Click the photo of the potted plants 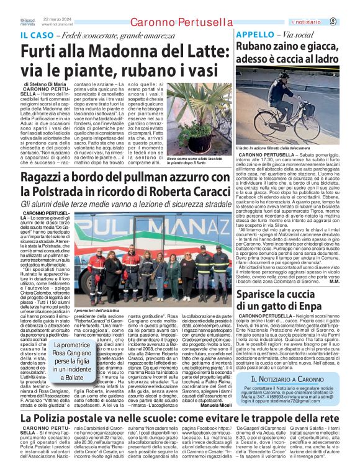pyautogui.click(x=180, y=118)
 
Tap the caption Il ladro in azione pyautogui.click(x=274, y=149)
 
